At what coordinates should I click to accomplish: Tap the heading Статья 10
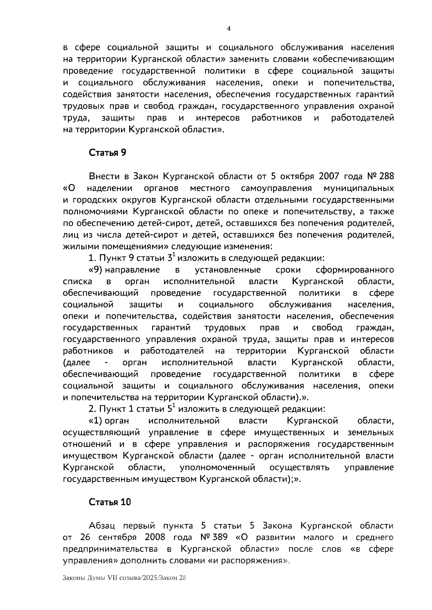(110, 502)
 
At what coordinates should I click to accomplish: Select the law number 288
(386, 176)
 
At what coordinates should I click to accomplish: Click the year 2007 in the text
(328, 176)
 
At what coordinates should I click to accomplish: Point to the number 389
(219, 537)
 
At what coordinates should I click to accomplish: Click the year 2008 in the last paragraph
(155, 537)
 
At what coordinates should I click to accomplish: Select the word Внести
(103, 176)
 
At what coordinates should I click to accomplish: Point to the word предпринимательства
(110, 549)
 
